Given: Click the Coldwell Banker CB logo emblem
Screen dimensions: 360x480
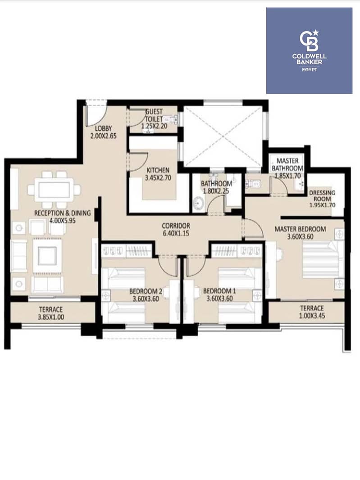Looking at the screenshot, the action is pyautogui.click(x=309, y=41).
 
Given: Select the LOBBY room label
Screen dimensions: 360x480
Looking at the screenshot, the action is pyautogui.click(x=103, y=129).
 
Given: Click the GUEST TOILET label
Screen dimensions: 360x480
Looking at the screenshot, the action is pyautogui.click(x=154, y=115).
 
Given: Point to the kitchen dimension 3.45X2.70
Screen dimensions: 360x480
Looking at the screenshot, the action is pyautogui.click(x=158, y=177).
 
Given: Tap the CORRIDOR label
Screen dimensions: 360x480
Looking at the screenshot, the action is pyautogui.click(x=176, y=226).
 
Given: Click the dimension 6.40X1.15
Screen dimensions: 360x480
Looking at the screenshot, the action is pyautogui.click(x=176, y=233).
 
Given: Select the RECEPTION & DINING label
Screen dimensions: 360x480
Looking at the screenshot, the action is pyautogui.click(x=63, y=213).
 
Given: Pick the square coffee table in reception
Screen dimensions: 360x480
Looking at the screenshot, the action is pyautogui.click(x=47, y=256).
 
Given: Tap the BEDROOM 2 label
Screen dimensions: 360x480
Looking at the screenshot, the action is pyautogui.click(x=146, y=291).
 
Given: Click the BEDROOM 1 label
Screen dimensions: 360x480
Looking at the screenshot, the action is pyautogui.click(x=219, y=291).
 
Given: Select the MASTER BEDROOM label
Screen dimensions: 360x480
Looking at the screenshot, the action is pyautogui.click(x=300, y=229).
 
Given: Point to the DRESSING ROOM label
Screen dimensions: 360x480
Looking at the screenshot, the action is pyautogui.click(x=322, y=196).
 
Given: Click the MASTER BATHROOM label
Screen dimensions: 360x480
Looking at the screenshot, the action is pyautogui.click(x=287, y=164).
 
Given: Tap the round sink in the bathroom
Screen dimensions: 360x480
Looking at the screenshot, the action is pyautogui.click(x=199, y=203).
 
